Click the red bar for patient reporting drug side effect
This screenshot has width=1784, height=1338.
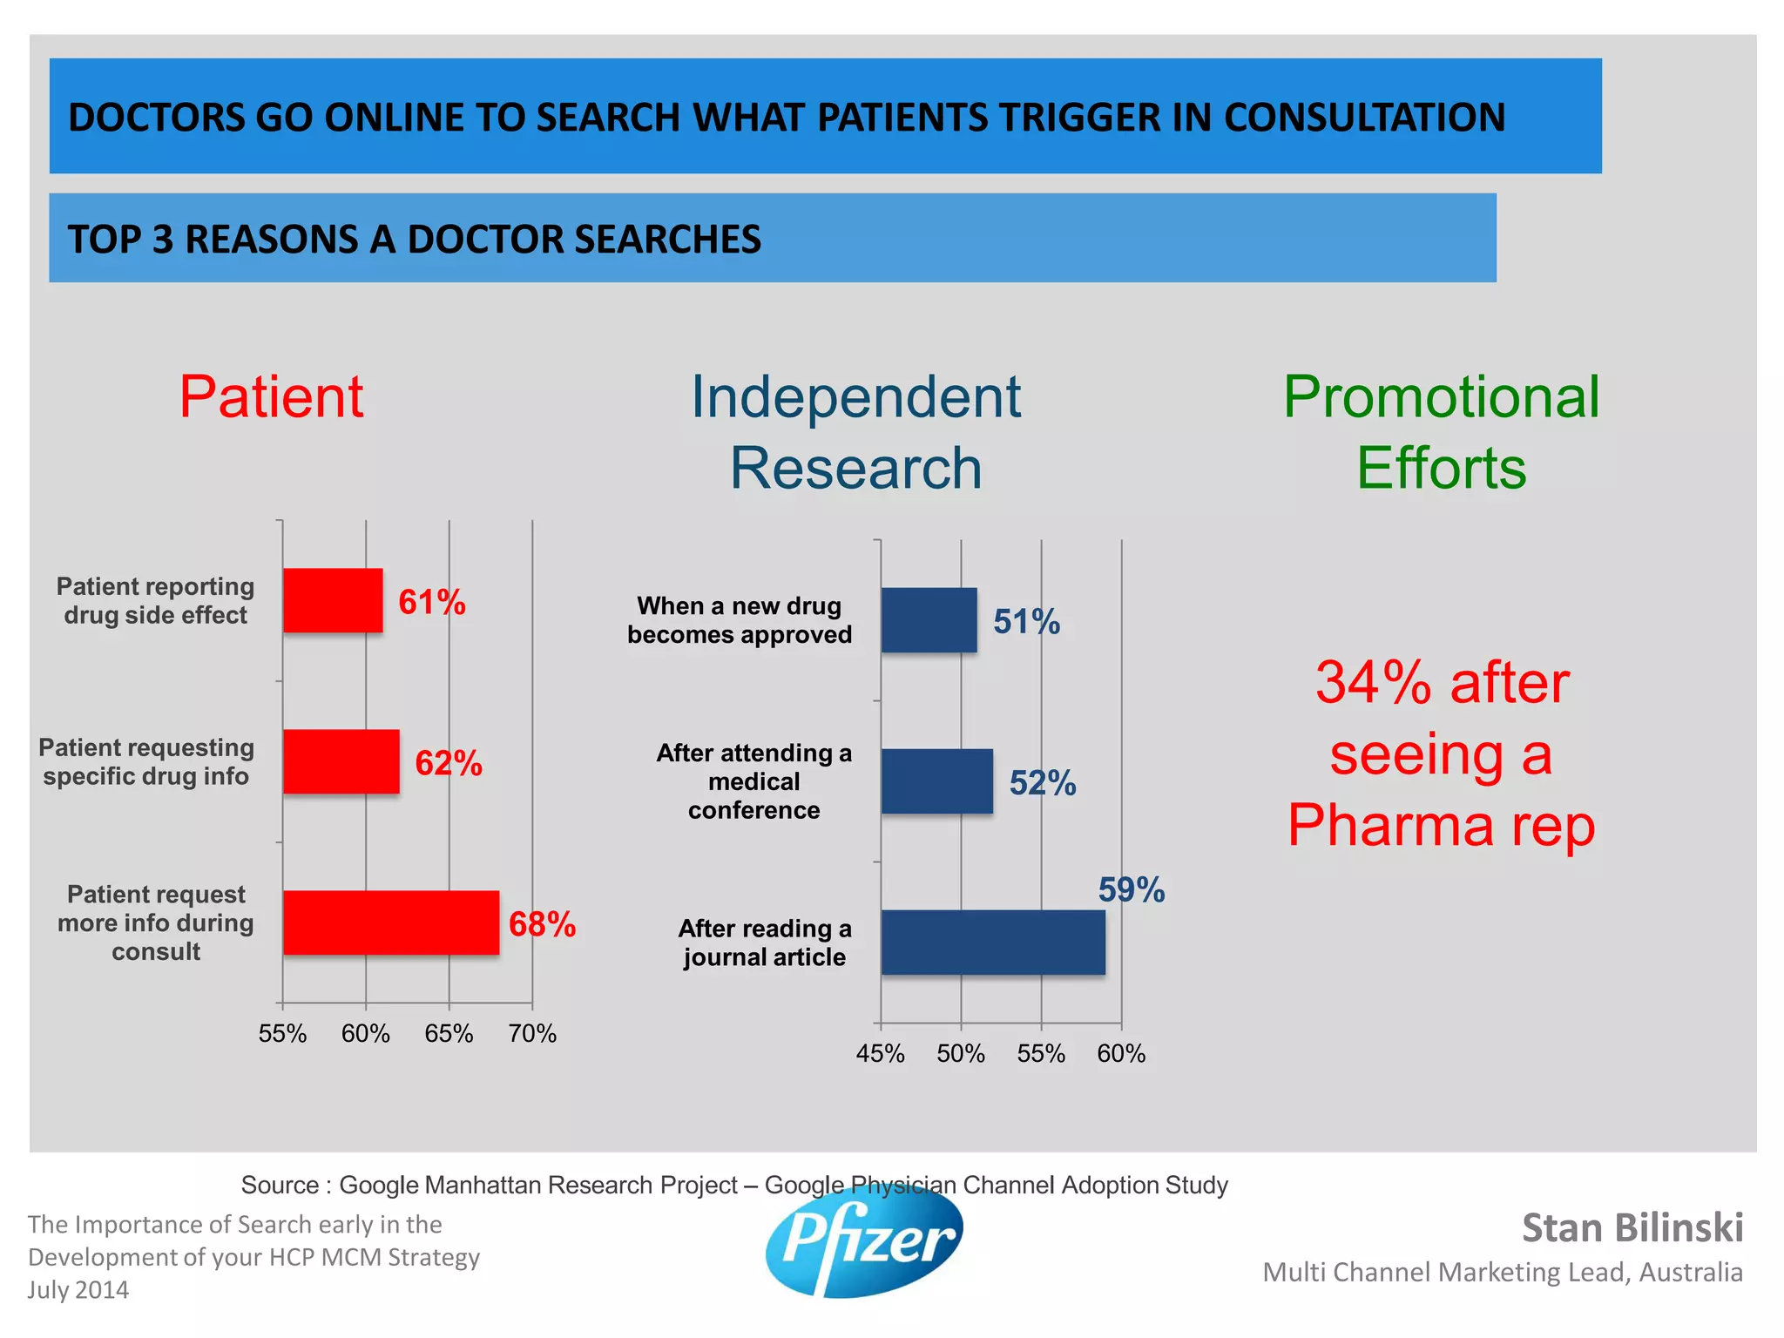pos(333,600)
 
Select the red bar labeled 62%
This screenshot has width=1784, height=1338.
pos(341,761)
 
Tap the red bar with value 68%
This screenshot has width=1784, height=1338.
pos(391,922)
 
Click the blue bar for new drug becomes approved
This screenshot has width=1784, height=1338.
pos(929,620)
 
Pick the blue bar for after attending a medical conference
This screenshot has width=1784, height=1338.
pos(936,781)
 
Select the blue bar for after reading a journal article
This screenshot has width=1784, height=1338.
pos(993,943)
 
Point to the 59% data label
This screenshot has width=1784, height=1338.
pos(1131,889)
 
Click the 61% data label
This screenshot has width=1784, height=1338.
pos(431,602)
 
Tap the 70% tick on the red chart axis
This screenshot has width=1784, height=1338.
pos(532,1034)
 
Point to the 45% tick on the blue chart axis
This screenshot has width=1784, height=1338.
pos(880,1054)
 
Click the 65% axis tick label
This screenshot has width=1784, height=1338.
pos(449,1034)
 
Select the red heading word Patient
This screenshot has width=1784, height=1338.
pos(271,397)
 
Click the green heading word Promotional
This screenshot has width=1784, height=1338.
pos(1441,397)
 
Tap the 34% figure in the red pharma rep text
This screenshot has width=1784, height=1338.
pos(1373,682)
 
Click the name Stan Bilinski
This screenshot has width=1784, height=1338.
pos(1632,1227)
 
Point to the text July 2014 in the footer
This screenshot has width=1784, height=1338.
pos(78,1290)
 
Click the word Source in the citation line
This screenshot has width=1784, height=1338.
pos(280,1185)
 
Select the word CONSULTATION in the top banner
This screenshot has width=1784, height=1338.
pos(1364,118)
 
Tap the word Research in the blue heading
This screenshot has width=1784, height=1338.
pos(855,469)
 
